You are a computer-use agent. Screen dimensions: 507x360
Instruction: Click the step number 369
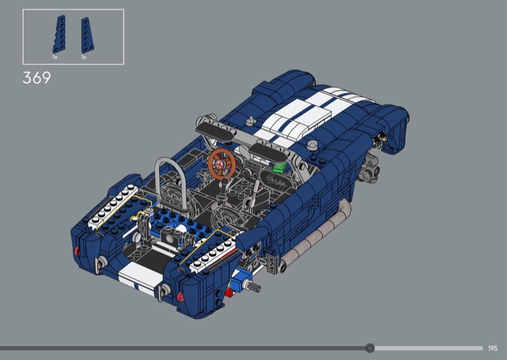[x=37, y=77]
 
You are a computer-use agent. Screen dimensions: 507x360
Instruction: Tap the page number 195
[x=492, y=349]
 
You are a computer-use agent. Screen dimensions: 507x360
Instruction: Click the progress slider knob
[x=370, y=348]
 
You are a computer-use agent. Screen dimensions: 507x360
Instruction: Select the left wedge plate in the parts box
[x=59, y=34]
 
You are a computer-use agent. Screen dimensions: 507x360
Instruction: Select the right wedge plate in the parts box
[x=87, y=35]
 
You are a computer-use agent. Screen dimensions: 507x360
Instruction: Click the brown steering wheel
[x=221, y=164]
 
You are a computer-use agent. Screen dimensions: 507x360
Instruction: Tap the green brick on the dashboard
[x=279, y=167]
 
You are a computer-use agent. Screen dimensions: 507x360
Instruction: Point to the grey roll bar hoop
[x=170, y=181]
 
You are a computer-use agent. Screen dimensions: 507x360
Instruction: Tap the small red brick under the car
[x=229, y=293]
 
